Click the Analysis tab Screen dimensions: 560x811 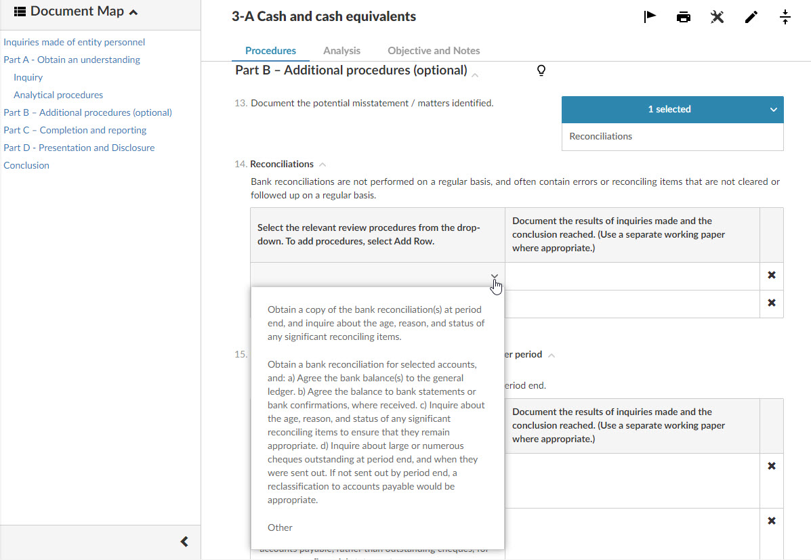pos(341,51)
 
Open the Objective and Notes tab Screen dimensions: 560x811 pos(434,51)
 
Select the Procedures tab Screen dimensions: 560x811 pos(270,51)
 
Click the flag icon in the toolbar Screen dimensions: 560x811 pos(650,17)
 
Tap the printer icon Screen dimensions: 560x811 pos(684,17)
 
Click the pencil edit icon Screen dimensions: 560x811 pos(751,17)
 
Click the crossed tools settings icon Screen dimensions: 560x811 pos(718,17)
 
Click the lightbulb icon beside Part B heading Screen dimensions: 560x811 pos(541,70)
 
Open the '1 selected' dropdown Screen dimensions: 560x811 pos(672,109)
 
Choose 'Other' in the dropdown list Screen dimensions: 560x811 pos(280,527)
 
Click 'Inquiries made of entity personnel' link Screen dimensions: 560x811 pos(75,42)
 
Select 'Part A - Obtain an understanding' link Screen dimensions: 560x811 pos(72,60)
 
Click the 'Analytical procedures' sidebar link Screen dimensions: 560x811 pos(58,95)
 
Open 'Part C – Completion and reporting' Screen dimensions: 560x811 pos(75,130)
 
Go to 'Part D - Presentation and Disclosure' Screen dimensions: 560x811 pos(79,148)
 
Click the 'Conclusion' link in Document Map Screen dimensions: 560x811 pos(26,165)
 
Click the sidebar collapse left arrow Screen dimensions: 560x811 pos(184,542)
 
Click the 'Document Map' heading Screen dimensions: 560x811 pos(77,12)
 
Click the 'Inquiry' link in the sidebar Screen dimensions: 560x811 pos(28,77)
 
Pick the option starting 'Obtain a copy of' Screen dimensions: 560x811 pos(376,323)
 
